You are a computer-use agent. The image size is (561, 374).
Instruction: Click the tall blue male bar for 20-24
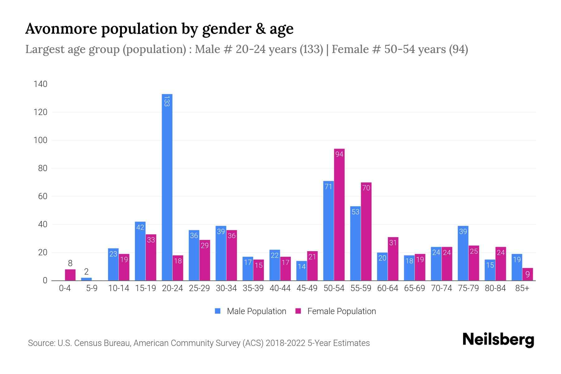[x=167, y=187]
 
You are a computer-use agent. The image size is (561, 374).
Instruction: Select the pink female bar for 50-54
[x=339, y=215]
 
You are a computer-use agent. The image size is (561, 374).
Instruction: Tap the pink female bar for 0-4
[x=70, y=275]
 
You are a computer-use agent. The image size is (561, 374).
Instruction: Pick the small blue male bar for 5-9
[x=86, y=279]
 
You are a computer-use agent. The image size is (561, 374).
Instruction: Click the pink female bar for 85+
[x=527, y=274]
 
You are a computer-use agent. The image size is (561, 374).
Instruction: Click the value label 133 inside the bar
[x=167, y=101]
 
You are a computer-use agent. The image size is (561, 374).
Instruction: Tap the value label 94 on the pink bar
[x=339, y=154]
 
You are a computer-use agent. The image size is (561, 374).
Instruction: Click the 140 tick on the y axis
[x=41, y=84]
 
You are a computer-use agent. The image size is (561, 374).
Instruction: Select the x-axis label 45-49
[x=307, y=288]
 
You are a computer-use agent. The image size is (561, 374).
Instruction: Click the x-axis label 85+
[x=522, y=288]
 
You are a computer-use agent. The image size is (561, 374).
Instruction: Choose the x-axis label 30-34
[x=226, y=288]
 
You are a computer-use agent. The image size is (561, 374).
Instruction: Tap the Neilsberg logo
[x=498, y=340]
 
